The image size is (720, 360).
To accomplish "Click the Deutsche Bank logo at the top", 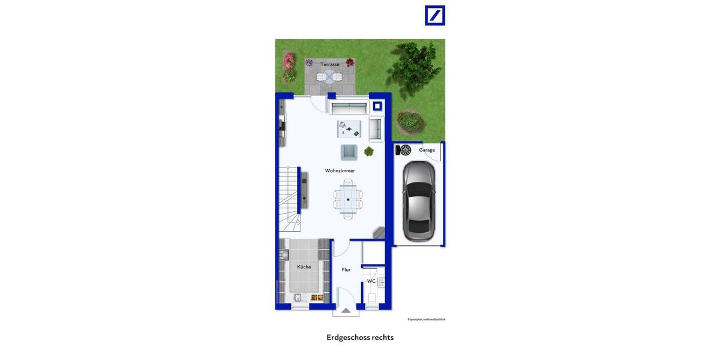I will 435,16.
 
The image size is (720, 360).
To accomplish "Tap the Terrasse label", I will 329,64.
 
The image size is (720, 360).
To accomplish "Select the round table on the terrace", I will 329,76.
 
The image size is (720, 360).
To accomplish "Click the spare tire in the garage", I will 405,150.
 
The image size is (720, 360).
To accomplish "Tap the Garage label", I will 427,150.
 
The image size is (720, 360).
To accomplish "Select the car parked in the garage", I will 418,201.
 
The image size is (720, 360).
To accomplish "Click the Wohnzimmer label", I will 340,170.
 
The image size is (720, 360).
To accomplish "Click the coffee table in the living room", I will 349,127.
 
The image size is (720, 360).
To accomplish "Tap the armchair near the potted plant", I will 349,152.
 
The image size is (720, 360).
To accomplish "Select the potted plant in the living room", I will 368,152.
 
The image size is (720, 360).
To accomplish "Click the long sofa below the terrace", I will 348,108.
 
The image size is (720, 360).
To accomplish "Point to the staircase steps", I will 289,198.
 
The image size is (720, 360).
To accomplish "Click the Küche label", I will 304,266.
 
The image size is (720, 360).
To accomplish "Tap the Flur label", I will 346,270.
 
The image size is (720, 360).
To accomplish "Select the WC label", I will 371,281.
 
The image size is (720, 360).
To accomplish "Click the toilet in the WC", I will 372,298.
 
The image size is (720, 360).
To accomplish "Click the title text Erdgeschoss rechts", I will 360,337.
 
